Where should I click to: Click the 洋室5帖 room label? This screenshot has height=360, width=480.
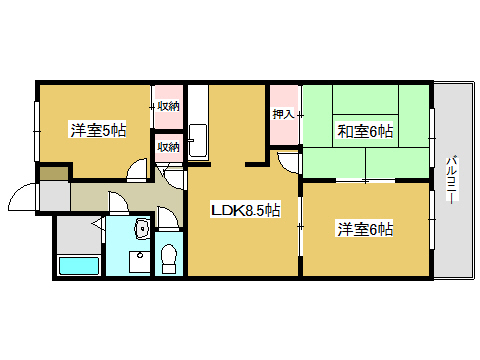coord(98,130)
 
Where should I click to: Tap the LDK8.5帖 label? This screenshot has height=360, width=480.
coord(245,210)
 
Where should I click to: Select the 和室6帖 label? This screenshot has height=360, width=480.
coord(365,131)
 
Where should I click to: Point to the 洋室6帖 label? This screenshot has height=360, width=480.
coord(365,229)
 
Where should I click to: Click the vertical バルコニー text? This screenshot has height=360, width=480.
coord(452,179)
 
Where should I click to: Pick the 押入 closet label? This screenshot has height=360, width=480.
coord(284,114)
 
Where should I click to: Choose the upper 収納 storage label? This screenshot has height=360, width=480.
coord(168,106)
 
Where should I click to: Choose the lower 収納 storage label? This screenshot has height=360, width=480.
coord(168,147)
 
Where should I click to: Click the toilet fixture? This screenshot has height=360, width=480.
coord(169,259)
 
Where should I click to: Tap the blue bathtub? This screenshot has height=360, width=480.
coord(79,266)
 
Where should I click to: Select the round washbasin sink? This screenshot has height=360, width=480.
coord(143,229)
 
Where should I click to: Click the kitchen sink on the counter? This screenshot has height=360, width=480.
coord(198,141)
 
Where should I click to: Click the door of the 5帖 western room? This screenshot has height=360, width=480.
coord(137,170)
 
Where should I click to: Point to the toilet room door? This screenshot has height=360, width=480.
coord(168,218)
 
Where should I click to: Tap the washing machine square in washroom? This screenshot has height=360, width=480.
coord(140,262)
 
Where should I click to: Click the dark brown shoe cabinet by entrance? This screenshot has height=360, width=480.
coord(54,174)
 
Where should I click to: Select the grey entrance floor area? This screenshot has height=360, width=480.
coord(55,196)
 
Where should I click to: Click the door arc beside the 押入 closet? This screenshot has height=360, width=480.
coord(287,162)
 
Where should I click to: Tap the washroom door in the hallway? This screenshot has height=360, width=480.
coord(118,202)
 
